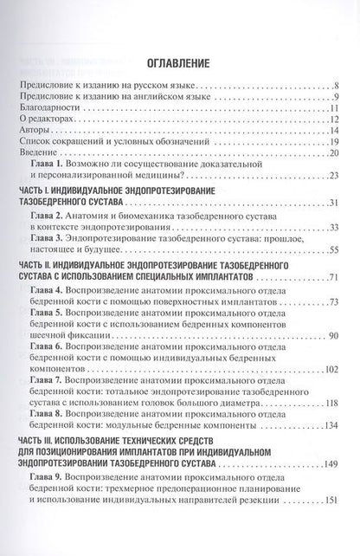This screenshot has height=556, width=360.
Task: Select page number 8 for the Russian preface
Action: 343,87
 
